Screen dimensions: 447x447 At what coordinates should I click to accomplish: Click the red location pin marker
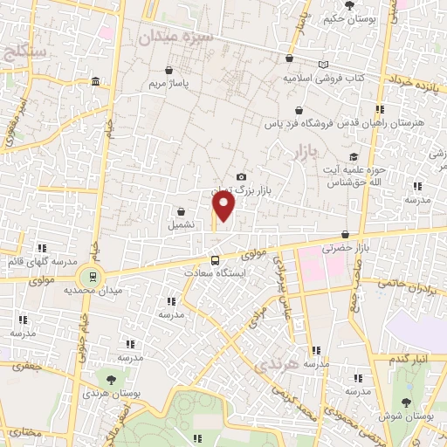[x=224, y=206]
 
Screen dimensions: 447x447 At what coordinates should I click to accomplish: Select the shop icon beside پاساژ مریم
[x=168, y=71]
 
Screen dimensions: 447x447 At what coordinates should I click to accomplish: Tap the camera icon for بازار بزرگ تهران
[x=241, y=177]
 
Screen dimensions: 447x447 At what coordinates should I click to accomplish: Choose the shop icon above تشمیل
[x=181, y=210]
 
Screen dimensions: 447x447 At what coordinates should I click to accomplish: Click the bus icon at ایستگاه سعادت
[x=215, y=259]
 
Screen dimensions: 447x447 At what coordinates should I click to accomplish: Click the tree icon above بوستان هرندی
[x=111, y=380]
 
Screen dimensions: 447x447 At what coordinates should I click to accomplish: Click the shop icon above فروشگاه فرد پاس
[x=299, y=111]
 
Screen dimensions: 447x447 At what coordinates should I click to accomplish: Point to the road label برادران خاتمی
[x=406, y=285]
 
